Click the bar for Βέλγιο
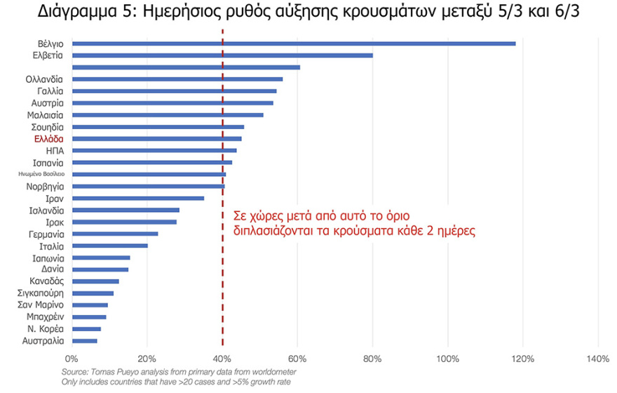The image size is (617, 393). (294, 44)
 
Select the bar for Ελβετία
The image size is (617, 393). (223, 55)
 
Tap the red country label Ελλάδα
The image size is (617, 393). (48, 139)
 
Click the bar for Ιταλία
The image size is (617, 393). (109, 246)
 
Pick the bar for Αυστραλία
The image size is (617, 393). (84, 341)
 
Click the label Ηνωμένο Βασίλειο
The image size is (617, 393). (41, 174)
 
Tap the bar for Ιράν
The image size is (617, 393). (138, 198)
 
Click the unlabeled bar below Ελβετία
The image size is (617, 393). (186, 67)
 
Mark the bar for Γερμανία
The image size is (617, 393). (115, 234)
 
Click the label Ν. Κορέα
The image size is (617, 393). (46, 329)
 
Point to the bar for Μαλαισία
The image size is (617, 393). (168, 114)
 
